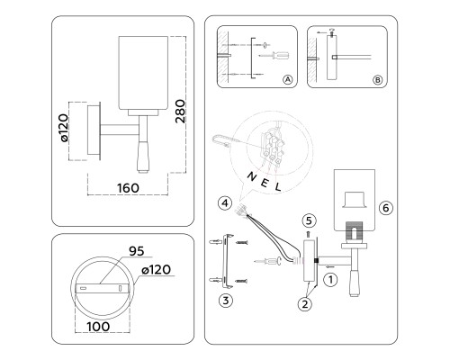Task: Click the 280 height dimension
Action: [x=180, y=112]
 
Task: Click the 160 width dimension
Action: [x=128, y=188]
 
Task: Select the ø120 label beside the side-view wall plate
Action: [x=64, y=128]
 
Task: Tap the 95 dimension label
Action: [x=137, y=251]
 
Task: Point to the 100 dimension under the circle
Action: [x=98, y=327]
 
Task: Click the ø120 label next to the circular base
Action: [x=157, y=270]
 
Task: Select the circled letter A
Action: [x=287, y=79]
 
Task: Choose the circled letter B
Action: [x=377, y=80]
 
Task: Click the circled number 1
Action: [x=330, y=280]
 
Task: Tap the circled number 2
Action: [x=305, y=304]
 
